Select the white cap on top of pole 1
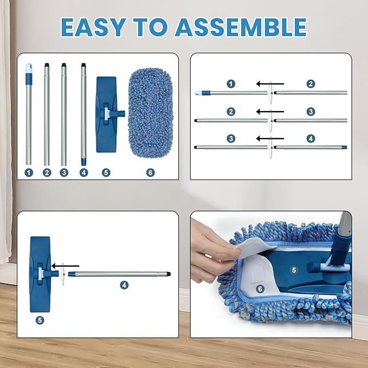pos(29,69)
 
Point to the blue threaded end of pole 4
pos(83,161)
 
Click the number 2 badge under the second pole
pos(47,172)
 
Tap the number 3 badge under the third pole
pos(64,172)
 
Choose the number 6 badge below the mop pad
pos(150,172)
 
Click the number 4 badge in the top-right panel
pos(311,138)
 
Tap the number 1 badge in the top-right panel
pos(231,84)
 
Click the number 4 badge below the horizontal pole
pos(124,285)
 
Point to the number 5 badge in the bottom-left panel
pos(40,320)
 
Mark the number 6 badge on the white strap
pos(260,289)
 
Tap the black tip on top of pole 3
pos(63,66)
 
